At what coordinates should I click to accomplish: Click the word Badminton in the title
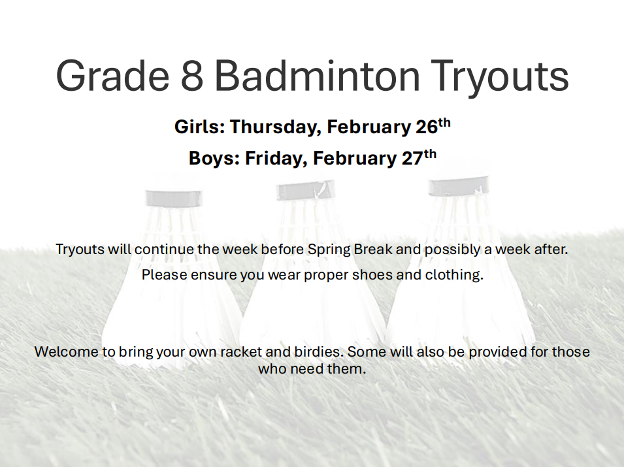[317, 75]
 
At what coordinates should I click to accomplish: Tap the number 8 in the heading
[192, 75]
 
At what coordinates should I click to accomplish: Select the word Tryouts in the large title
[500, 78]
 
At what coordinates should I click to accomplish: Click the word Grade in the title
[112, 75]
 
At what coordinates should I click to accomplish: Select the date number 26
[427, 127]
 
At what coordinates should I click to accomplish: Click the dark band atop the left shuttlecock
[174, 199]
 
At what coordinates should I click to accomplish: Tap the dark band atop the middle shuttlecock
[306, 190]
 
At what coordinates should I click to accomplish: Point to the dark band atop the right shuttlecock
[458, 185]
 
